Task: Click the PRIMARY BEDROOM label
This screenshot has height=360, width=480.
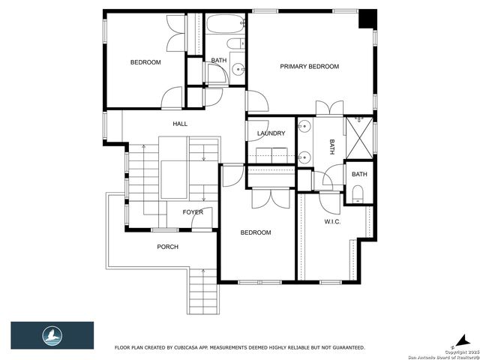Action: click(x=309, y=67)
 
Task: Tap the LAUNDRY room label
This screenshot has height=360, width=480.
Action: click(x=271, y=133)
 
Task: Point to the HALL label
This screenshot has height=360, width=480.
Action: click(x=180, y=124)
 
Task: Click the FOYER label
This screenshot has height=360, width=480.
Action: click(x=193, y=212)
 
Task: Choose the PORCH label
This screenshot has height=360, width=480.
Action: click(x=167, y=247)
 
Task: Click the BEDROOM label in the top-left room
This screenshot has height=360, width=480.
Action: click(x=145, y=62)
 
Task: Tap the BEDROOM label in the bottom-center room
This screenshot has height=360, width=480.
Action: click(x=255, y=232)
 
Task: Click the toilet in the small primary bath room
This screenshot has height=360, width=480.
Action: click(x=358, y=196)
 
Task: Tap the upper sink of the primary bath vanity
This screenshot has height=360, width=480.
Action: click(x=305, y=126)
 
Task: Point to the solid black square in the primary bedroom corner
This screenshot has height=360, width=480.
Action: click(x=367, y=19)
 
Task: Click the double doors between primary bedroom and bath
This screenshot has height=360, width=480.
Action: click(x=329, y=108)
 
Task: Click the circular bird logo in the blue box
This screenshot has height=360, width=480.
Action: click(x=52, y=335)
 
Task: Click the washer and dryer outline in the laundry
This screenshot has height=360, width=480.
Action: click(x=270, y=154)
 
